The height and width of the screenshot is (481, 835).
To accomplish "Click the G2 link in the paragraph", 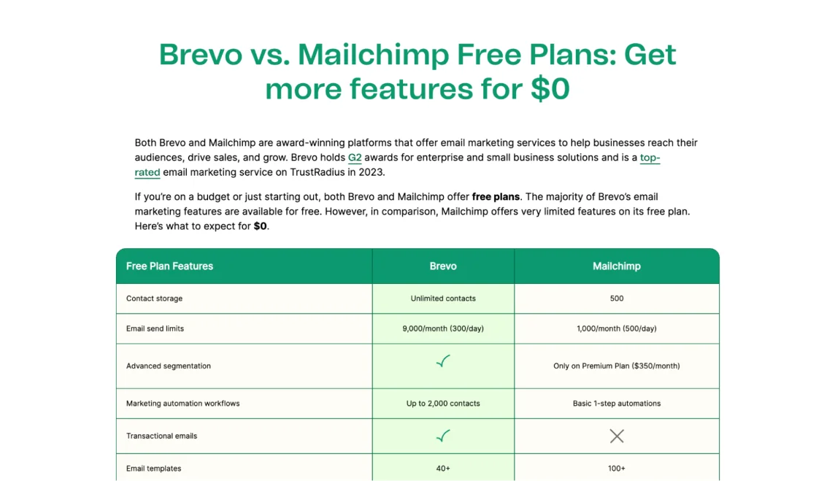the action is pos(355,158).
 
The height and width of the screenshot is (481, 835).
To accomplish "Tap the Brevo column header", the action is pos(443,266).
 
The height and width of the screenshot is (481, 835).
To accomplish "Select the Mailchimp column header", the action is pos(617,266).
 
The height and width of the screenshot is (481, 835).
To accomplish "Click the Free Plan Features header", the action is pos(169,266).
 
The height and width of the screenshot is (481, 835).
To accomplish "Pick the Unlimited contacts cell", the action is pos(443,299).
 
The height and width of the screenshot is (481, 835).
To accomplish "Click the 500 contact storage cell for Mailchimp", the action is pos(617,299).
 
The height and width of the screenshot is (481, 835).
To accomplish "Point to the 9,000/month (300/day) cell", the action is pos(443,328).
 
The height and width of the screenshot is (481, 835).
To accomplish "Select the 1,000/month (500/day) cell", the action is pos(617,328).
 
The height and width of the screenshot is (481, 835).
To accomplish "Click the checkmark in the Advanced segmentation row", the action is pos(443,362).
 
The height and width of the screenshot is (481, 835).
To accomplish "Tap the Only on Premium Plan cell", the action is pos(617,366).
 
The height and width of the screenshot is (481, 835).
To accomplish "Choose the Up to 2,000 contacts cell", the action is pos(443,403).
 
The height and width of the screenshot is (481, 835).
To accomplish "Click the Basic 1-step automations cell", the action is pos(617,403).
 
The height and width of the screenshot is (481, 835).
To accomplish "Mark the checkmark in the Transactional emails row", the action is pos(443,436).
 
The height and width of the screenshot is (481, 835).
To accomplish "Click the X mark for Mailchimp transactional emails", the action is pos(617,436).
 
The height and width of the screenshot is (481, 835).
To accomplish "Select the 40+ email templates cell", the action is pos(443,468).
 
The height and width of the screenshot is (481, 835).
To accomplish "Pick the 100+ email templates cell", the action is pos(617,468).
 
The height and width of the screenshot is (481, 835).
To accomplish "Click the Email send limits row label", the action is pos(155,328).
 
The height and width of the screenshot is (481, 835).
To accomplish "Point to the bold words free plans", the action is pos(496,196).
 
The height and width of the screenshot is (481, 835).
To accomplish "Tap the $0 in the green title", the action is pos(550,88).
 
